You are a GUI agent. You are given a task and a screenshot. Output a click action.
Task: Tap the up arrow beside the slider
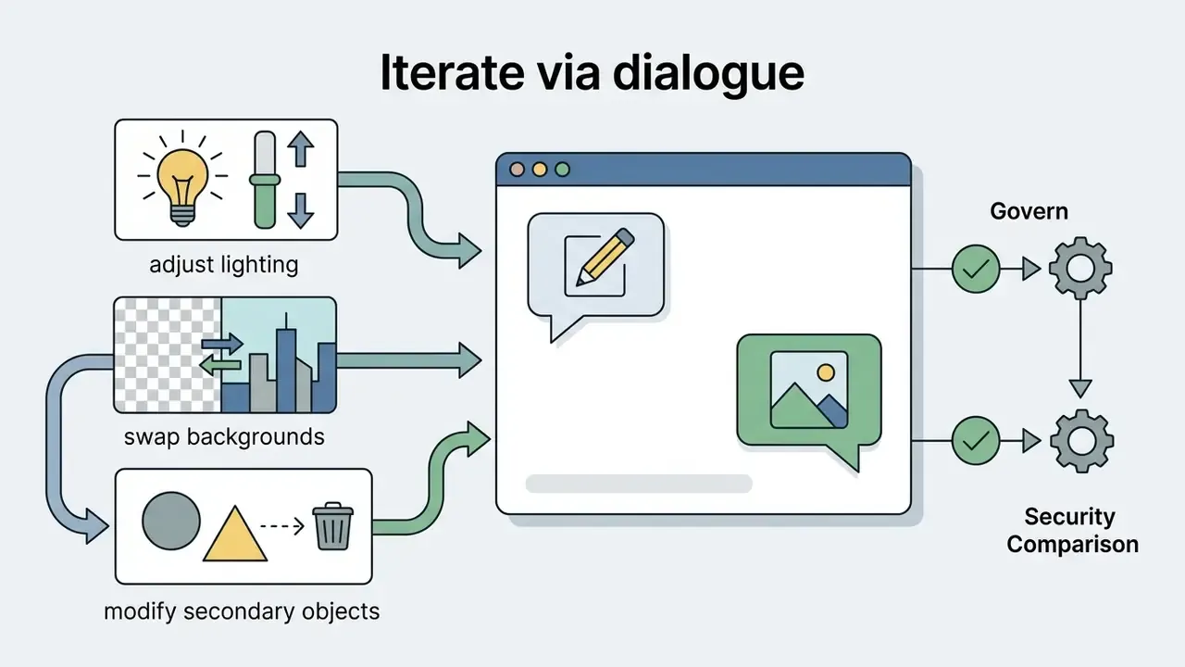301,149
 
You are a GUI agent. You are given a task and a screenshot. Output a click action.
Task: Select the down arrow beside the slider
301,210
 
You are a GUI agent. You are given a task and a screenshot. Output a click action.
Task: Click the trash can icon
332,526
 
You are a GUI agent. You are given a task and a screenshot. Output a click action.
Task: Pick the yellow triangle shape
235,534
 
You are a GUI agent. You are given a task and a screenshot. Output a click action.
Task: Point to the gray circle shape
171,521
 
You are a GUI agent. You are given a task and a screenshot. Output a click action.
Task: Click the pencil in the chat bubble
605,257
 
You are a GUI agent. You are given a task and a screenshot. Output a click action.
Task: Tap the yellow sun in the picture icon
825,372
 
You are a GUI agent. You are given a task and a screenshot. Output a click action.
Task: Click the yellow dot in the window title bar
540,170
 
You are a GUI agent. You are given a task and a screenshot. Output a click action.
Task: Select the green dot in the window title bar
562,170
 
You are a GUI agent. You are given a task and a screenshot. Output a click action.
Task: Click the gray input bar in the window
639,484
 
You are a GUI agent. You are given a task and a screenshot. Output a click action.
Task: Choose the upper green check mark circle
976,269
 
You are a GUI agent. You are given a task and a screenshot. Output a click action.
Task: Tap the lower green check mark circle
976,440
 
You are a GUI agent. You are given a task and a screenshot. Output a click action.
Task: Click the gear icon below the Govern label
1080,269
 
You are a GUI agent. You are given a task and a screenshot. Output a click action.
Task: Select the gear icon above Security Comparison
1082,441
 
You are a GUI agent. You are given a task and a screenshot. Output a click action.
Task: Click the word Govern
1029,211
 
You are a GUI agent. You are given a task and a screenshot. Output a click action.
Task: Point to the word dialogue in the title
708,72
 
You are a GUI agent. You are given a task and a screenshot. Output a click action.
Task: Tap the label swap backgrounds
224,437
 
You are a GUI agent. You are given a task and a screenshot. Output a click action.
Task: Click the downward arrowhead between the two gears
1080,389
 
